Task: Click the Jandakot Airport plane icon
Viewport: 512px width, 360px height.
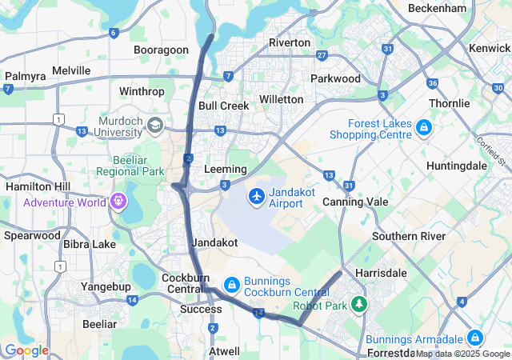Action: pos(257,196)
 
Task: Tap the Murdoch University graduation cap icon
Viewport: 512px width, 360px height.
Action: pos(154,126)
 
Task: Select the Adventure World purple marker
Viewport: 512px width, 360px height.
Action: pos(118,201)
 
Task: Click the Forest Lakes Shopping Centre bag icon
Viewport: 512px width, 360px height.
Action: pos(422,128)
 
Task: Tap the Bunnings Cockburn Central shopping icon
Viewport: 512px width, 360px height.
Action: pos(231,284)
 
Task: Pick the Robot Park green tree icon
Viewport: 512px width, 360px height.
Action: pos(359,305)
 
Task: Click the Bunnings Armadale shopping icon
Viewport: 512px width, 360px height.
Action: pos(475,338)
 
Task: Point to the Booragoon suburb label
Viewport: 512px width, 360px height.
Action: pos(161,50)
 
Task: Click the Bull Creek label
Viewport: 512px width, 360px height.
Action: pos(224,106)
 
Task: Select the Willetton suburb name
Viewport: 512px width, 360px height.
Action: pos(281,99)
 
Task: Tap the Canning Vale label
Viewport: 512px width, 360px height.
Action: pos(354,202)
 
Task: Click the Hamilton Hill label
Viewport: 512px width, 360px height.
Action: pos(38,185)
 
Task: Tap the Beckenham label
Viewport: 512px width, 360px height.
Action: pos(437,8)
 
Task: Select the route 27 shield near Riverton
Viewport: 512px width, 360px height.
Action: pos(322,55)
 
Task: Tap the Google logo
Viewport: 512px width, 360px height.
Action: pos(26,350)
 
